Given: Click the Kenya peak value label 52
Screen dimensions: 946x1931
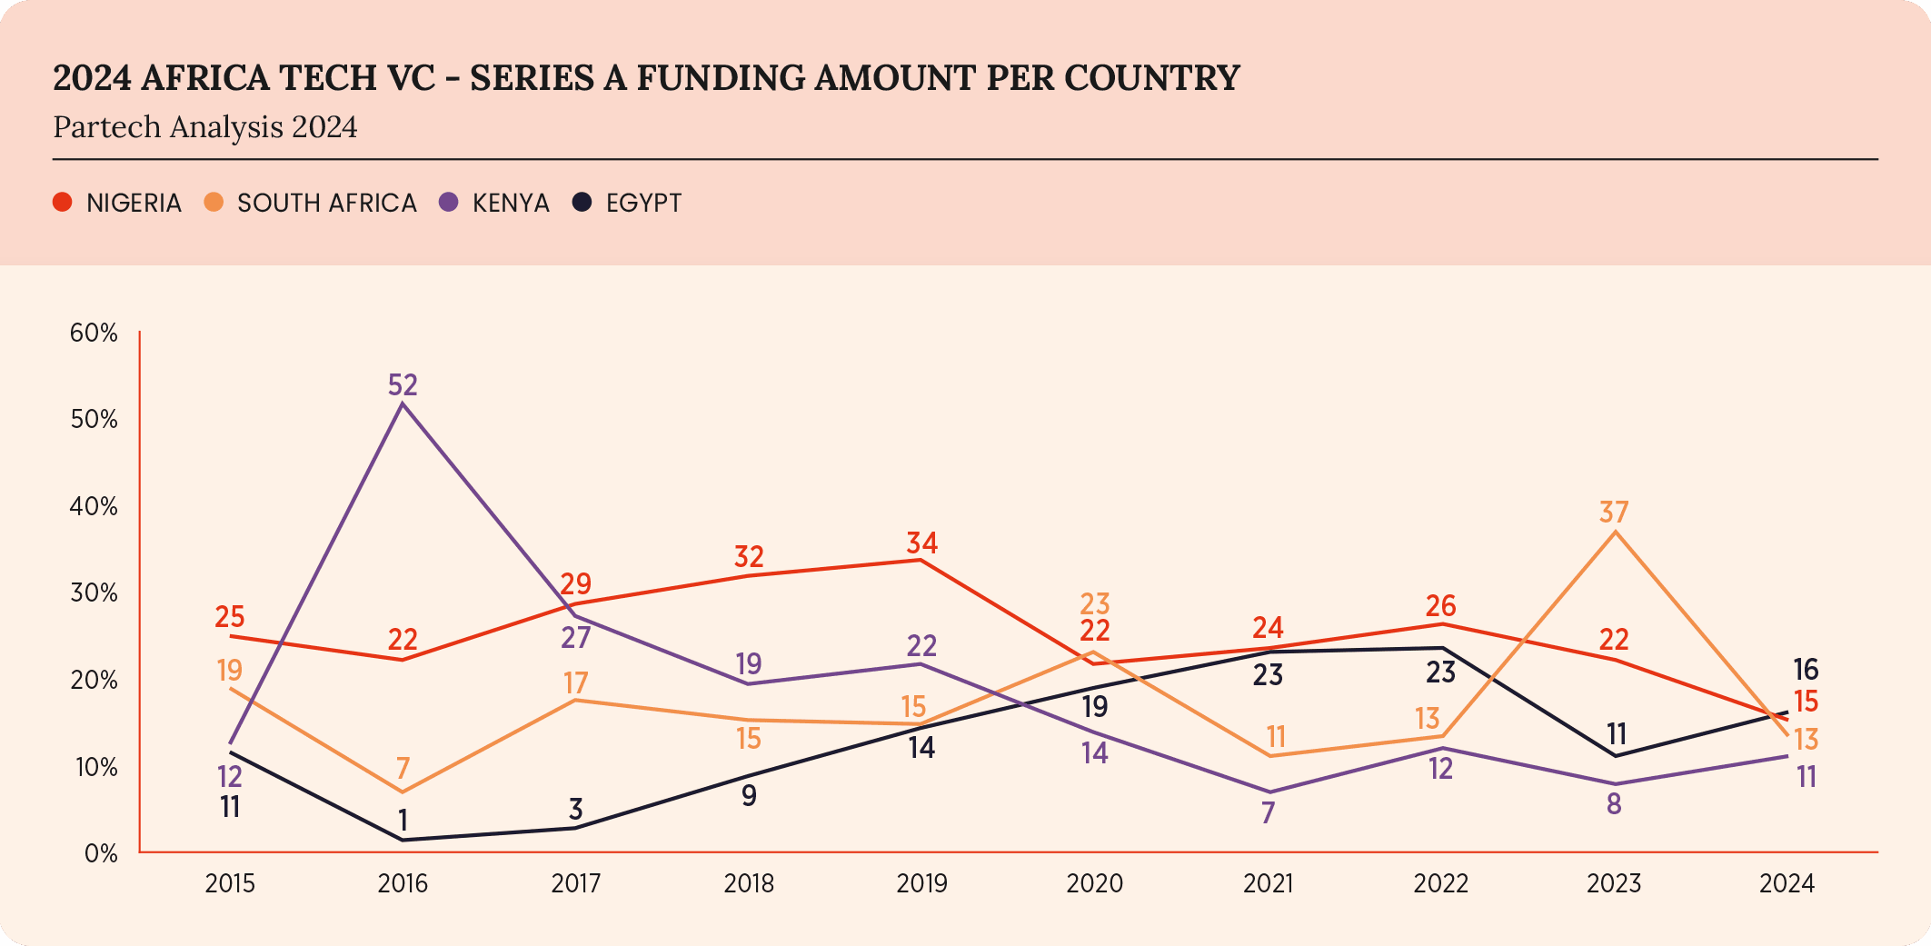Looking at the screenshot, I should point(403,385).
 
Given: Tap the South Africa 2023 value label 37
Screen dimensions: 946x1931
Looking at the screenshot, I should point(1614,513).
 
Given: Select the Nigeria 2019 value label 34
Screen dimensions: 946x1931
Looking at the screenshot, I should point(921,543).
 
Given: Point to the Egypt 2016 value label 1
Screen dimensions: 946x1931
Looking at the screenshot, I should point(403,821).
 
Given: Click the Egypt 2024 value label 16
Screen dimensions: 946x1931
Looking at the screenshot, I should point(1806,671).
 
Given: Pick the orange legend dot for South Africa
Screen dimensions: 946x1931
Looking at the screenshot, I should point(214,202).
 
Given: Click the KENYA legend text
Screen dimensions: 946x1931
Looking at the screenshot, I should point(511,203).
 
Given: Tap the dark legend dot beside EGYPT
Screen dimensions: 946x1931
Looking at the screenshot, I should point(582,202).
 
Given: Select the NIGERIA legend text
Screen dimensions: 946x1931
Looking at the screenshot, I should point(134,203).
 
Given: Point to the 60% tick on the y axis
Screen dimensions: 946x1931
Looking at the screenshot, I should point(94,333).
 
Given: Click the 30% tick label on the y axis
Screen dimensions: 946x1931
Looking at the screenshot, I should point(94,593).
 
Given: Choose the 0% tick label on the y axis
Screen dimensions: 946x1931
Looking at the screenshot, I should point(101,853).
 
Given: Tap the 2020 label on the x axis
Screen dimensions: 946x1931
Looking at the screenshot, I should point(1094,883).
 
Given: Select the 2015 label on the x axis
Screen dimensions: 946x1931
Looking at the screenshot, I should point(230,883).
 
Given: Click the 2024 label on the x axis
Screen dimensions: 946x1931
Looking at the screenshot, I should point(1787,883).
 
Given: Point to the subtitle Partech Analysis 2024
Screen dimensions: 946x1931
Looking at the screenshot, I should point(204,127).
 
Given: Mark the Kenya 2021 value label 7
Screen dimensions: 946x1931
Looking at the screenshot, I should point(1268,812).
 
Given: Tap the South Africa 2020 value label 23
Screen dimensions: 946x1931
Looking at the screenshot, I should point(1095,603).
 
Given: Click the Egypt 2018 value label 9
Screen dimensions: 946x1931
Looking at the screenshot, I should point(749,796).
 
